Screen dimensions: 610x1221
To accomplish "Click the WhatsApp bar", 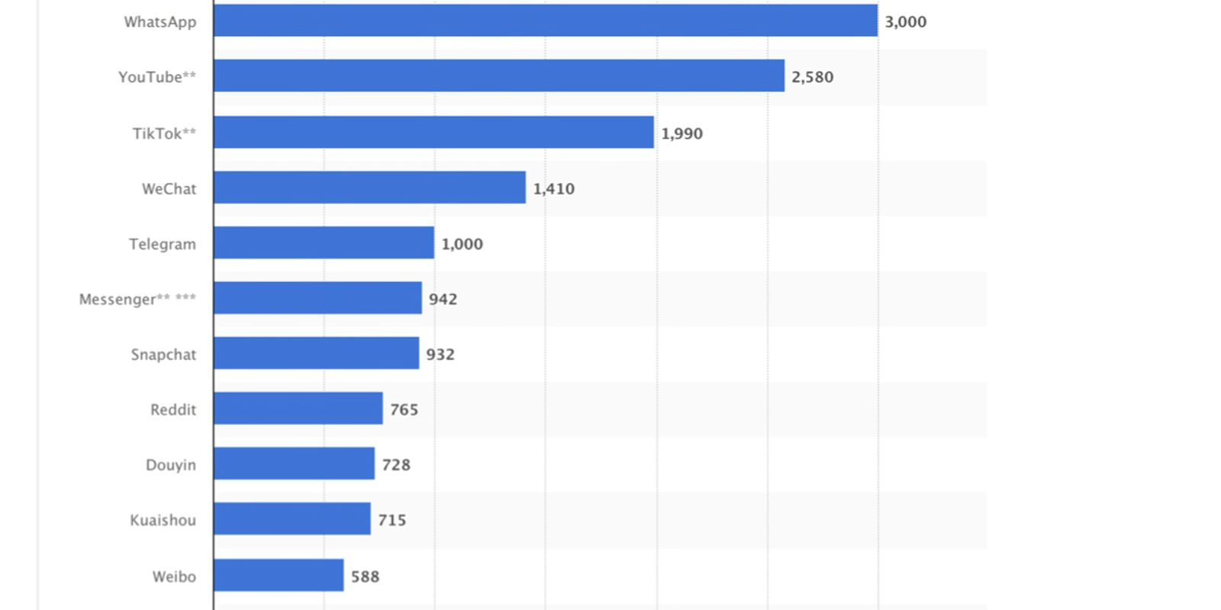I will pyautogui.click(x=545, y=21).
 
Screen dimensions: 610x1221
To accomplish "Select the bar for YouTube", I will pyautogui.click(x=498, y=75).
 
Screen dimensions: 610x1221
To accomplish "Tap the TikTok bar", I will pyautogui.click(x=433, y=132).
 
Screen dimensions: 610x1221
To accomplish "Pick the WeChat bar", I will pyautogui.click(x=369, y=188).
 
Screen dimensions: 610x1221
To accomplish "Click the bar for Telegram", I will pyautogui.click(x=324, y=242).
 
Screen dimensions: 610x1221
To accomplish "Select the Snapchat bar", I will pyautogui.click(x=316, y=353).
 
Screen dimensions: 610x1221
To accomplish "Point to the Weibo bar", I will pyautogui.click(x=279, y=575).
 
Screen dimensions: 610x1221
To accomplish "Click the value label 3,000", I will pyautogui.click(x=905, y=22).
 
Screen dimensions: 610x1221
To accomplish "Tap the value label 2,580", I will pyautogui.click(x=812, y=77).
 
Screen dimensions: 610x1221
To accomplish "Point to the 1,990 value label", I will pyautogui.click(x=681, y=133).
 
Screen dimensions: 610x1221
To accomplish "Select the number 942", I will pyautogui.click(x=443, y=299).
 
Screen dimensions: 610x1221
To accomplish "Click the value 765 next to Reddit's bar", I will pyautogui.click(x=404, y=409).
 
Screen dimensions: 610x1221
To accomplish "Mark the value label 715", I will pyautogui.click(x=391, y=520).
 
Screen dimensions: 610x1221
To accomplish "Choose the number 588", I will pyautogui.click(x=365, y=576).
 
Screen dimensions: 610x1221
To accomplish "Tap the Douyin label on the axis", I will pyautogui.click(x=170, y=465).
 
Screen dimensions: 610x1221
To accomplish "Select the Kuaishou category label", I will pyautogui.click(x=163, y=520).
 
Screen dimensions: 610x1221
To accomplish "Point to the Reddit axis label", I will pyautogui.click(x=172, y=409).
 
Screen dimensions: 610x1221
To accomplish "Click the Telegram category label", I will pyautogui.click(x=162, y=244).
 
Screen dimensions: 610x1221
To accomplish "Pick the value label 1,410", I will pyautogui.click(x=553, y=188).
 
